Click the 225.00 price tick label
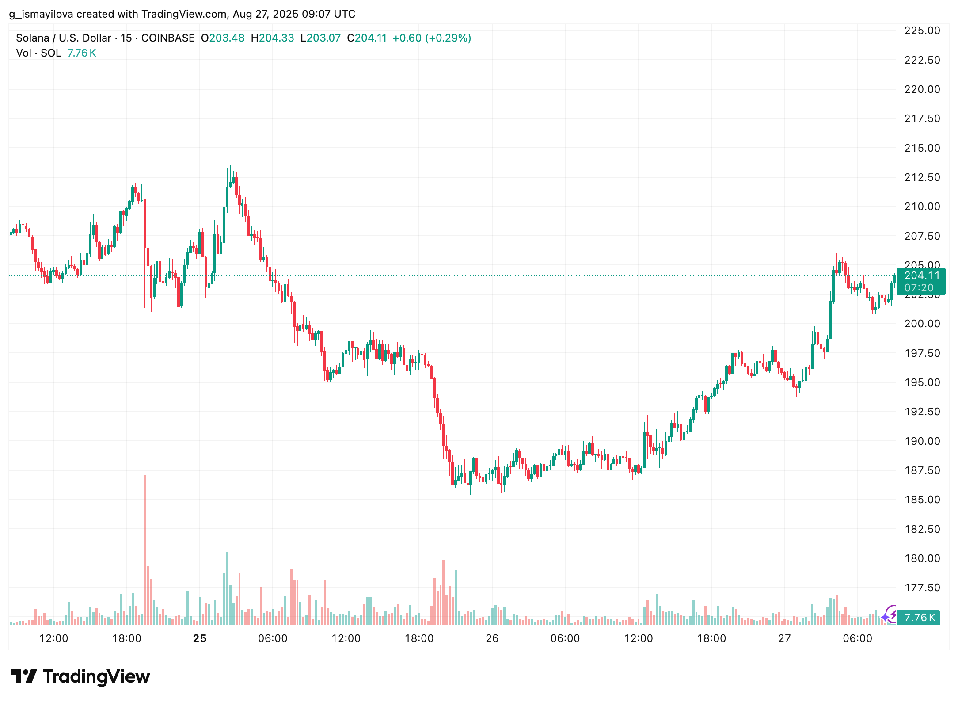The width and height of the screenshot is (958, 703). [x=922, y=31]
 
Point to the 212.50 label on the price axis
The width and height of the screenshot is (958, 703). [x=922, y=177]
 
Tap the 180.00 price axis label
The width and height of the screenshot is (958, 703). [x=922, y=558]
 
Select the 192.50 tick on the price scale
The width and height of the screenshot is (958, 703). [x=922, y=412]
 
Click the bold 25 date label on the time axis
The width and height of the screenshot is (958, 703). [x=200, y=638]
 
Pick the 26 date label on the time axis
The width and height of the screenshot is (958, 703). [x=492, y=638]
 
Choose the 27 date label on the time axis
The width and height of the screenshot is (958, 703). [x=784, y=638]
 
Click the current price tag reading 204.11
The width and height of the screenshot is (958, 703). [x=921, y=276]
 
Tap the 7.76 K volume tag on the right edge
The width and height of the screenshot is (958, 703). [x=919, y=618]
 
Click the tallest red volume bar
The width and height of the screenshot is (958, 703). [x=145, y=548]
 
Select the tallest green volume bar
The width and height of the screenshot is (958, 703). [x=227, y=588]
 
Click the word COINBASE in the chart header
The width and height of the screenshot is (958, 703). [x=168, y=38]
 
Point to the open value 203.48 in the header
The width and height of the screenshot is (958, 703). [x=227, y=38]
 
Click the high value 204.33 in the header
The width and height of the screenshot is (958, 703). [x=276, y=38]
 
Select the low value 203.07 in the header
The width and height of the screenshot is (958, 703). [x=323, y=38]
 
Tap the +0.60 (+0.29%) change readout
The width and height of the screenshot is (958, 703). [x=432, y=38]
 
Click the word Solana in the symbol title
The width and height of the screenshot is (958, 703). [x=32, y=38]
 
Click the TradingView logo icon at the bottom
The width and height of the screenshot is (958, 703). [x=24, y=676]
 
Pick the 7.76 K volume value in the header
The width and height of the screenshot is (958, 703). [x=82, y=53]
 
